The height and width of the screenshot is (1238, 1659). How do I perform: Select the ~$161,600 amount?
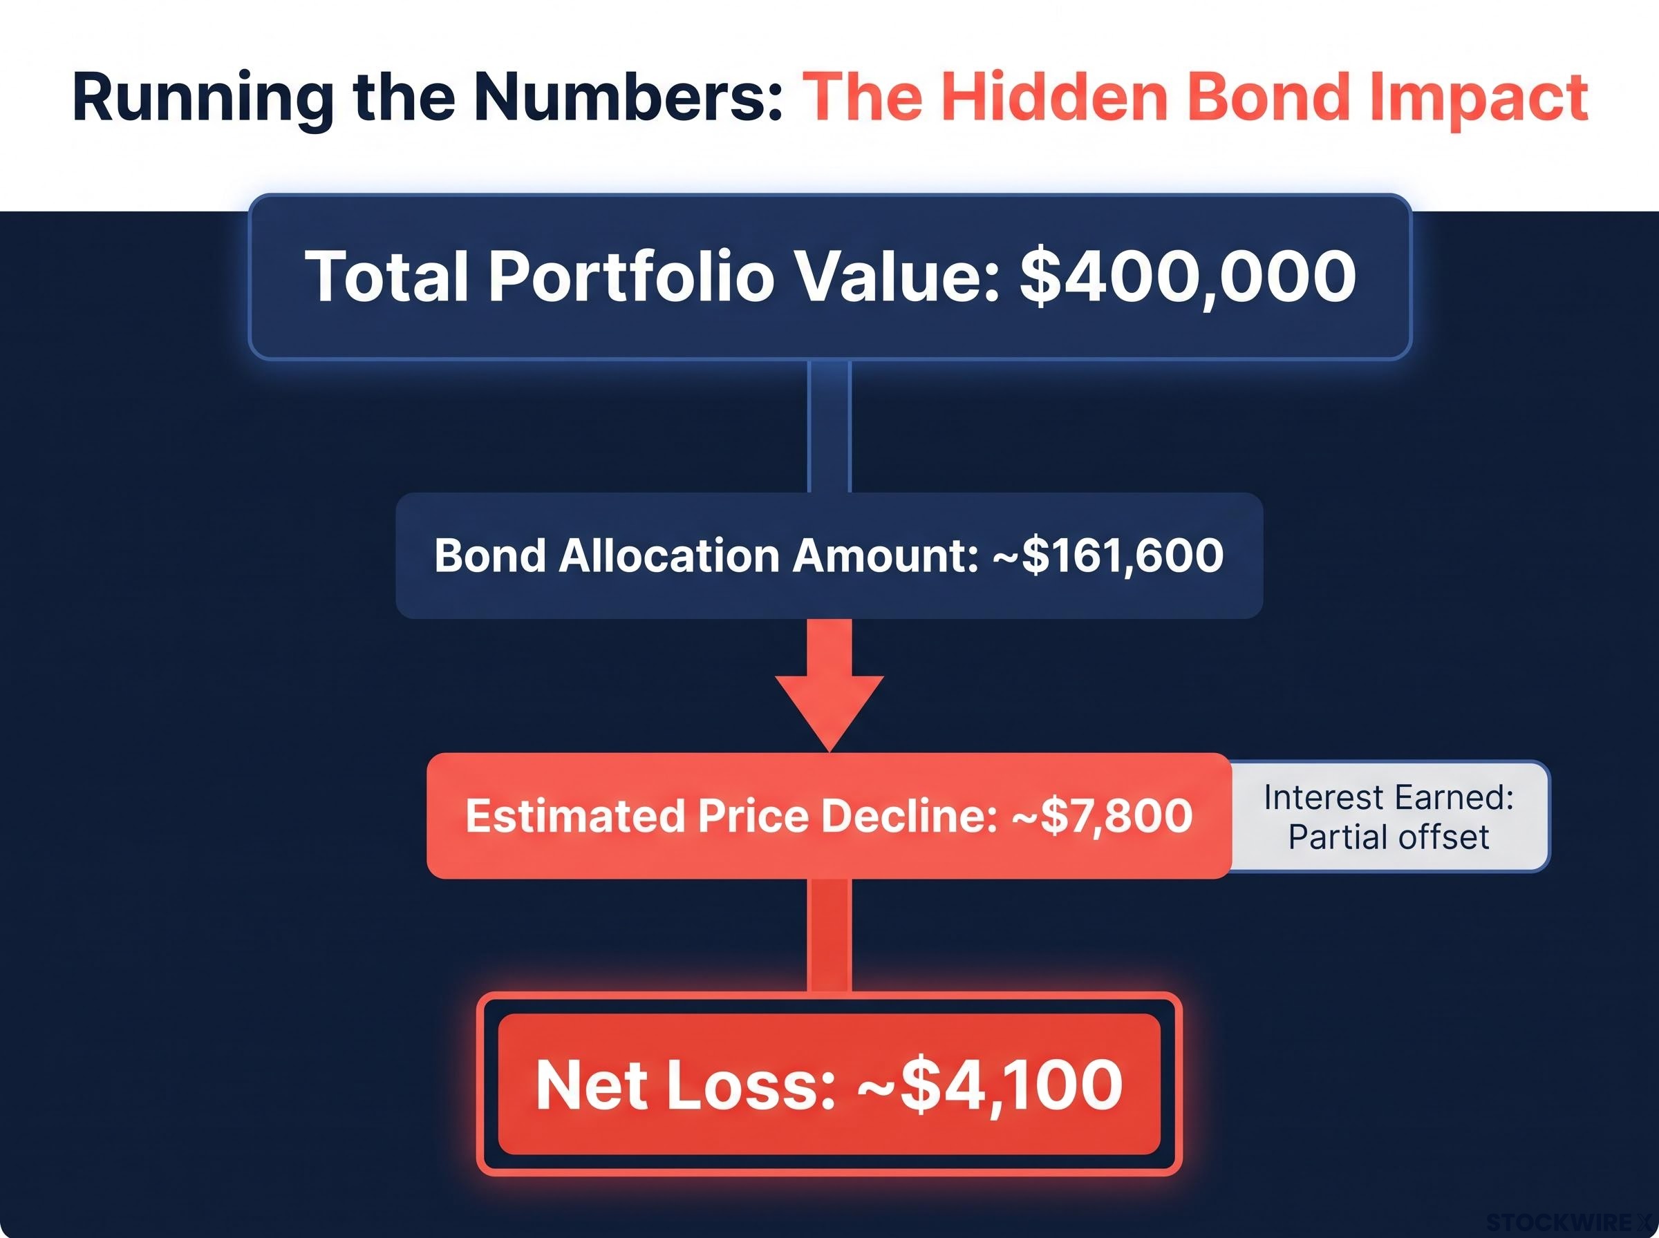[x=1108, y=556]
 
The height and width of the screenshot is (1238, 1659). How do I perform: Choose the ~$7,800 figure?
[x=1102, y=816]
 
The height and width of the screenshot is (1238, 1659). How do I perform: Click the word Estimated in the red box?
[x=574, y=815]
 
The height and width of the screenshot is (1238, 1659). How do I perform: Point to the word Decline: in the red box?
[x=909, y=815]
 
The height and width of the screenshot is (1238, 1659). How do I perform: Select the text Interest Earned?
[x=1388, y=797]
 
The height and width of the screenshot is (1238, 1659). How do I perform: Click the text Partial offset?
[x=1388, y=837]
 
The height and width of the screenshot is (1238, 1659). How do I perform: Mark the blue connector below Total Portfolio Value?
[x=829, y=426]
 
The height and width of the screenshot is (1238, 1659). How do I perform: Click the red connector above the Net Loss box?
[x=829, y=935]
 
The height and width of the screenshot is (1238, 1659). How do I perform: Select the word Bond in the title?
[x=1268, y=97]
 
